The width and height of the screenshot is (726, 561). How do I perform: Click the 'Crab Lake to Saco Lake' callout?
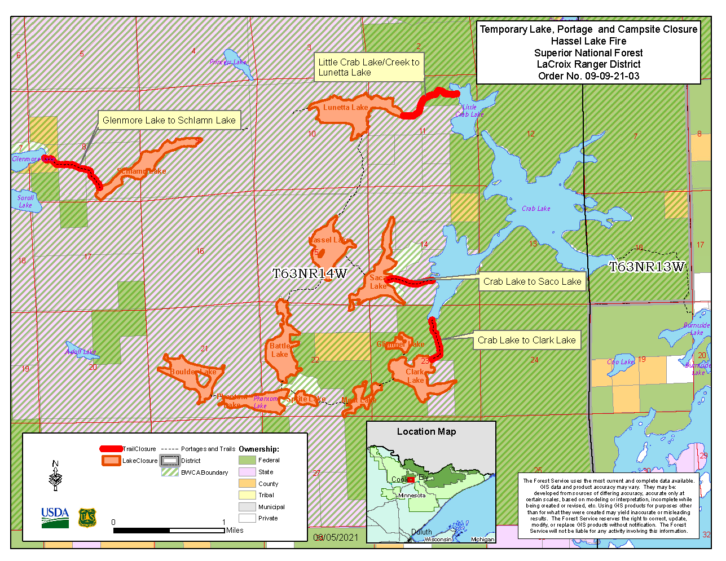point(532,281)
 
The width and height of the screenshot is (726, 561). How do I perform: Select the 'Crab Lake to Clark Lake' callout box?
point(526,340)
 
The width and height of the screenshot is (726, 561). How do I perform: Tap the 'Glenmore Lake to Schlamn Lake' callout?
point(169,120)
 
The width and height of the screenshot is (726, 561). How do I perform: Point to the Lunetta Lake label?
point(345,107)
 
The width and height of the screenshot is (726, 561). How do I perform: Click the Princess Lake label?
point(228,62)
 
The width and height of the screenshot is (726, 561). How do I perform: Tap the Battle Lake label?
point(279,350)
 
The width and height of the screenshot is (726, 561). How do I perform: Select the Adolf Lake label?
point(81,351)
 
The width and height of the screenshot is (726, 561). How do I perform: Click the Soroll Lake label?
point(25,201)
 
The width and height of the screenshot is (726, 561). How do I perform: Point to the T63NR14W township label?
point(310,274)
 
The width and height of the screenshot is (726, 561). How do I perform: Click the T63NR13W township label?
point(646,267)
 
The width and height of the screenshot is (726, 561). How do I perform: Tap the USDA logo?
point(55,517)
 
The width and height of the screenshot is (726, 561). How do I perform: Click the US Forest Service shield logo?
point(87,518)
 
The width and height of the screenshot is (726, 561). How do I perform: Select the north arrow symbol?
point(55,476)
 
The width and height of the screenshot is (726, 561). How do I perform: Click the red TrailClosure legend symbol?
point(111,449)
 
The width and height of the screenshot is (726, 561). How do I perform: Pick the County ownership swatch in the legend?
point(247,484)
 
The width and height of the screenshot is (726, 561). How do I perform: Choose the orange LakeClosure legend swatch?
point(111,461)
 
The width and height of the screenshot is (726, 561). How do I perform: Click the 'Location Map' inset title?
point(426,431)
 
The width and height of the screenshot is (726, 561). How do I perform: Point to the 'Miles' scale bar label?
point(235,530)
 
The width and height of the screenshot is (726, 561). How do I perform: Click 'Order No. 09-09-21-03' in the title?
point(588,76)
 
